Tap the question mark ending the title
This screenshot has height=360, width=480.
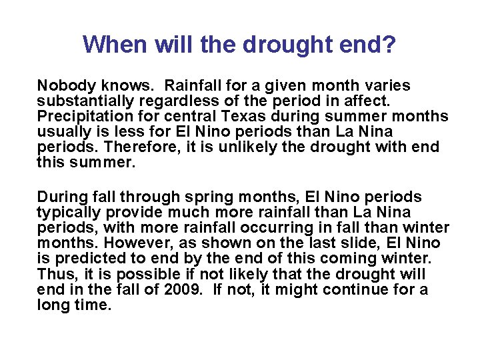point(390,45)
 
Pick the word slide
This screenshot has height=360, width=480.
point(337,243)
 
